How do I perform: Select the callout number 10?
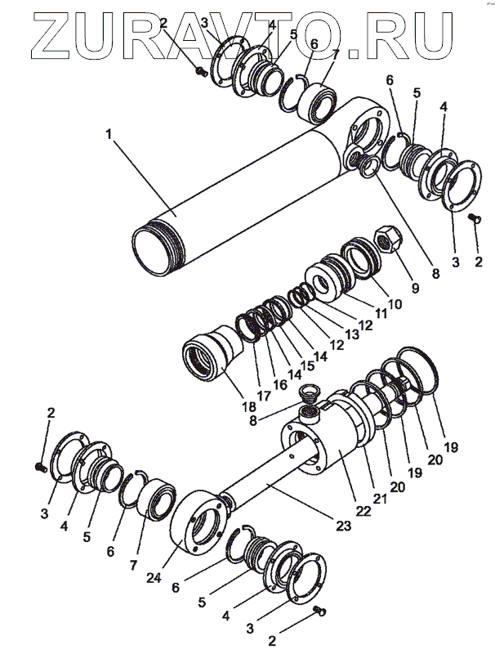pyautogui.click(x=395, y=305)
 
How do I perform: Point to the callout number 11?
pyautogui.click(x=381, y=314)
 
